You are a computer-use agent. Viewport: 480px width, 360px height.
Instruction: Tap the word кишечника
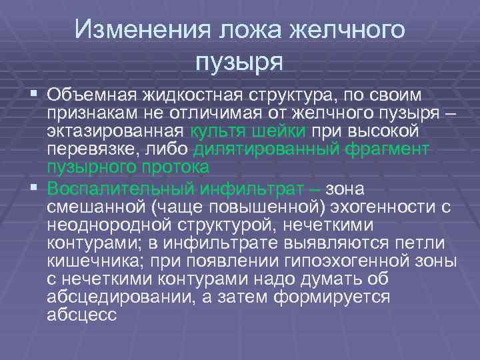click(87, 259)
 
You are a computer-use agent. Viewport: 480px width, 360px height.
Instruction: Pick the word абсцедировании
click(117, 295)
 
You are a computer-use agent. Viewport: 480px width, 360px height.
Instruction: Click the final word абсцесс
click(82, 315)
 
